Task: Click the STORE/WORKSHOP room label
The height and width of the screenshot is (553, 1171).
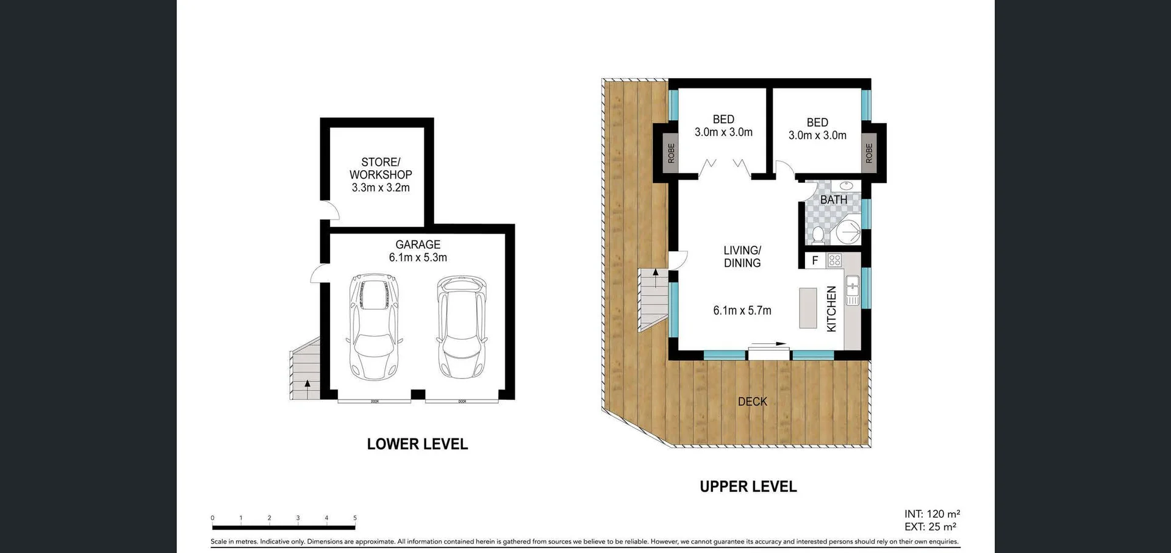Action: (x=381, y=174)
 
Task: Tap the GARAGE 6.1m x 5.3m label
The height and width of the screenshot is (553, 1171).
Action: (x=418, y=251)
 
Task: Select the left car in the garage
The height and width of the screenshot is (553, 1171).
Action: (x=374, y=326)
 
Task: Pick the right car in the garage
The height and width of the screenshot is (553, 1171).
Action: (x=462, y=326)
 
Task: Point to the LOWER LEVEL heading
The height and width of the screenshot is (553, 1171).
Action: (x=417, y=444)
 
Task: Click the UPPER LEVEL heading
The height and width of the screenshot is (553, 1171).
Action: (x=748, y=487)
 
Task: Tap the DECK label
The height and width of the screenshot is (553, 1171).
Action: (x=752, y=401)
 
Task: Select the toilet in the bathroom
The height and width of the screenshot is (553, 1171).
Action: (x=818, y=235)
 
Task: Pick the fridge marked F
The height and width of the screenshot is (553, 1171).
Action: (x=815, y=260)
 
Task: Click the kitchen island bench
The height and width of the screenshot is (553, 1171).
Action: (x=808, y=309)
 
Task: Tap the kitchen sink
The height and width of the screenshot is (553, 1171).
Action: (x=852, y=290)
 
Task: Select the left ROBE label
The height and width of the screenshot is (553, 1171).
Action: (x=671, y=153)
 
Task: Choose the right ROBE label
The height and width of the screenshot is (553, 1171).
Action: (x=869, y=153)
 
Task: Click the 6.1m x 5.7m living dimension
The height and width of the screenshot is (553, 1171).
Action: (x=742, y=310)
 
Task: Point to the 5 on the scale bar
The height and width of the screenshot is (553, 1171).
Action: (x=355, y=518)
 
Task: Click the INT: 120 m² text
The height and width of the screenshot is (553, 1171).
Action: (x=932, y=514)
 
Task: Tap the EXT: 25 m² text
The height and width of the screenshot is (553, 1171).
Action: (x=930, y=527)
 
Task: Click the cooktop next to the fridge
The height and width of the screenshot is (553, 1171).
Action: (x=834, y=260)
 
